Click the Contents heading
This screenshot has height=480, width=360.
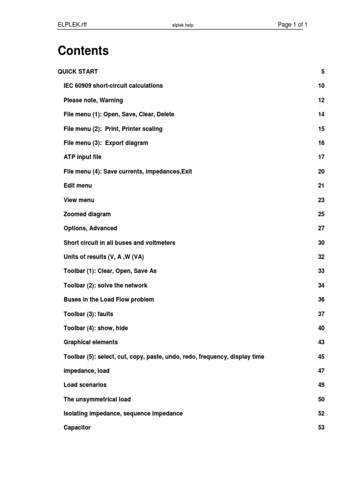click(x=83, y=51)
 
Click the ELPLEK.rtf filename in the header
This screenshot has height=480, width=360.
click(x=72, y=25)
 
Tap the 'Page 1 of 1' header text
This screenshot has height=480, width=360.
click(x=292, y=25)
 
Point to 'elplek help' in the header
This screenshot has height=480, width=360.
click(x=183, y=25)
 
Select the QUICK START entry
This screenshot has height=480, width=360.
click(x=78, y=72)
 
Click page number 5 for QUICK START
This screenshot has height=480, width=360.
click(x=322, y=72)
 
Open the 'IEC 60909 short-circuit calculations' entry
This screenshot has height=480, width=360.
click(x=113, y=86)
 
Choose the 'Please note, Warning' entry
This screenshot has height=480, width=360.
click(x=93, y=100)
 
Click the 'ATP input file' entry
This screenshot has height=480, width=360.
click(x=82, y=157)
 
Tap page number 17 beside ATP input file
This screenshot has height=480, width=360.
click(x=321, y=157)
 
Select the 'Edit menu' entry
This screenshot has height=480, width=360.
click(x=78, y=186)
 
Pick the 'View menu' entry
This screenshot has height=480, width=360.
click(x=79, y=200)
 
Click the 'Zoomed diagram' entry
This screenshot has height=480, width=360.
click(x=87, y=214)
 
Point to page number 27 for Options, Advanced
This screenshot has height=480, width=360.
click(x=321, y=228)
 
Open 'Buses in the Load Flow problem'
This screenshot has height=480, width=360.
click(x=109, y=300)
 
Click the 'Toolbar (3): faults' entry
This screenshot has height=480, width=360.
click(x=88, y=314)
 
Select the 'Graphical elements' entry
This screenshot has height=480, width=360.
click(x=90, y=342)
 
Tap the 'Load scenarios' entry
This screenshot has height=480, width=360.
click(x=85, y=385)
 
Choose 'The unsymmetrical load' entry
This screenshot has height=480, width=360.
click(x=97, y=399)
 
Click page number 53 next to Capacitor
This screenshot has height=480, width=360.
click(x=321, y=427)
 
